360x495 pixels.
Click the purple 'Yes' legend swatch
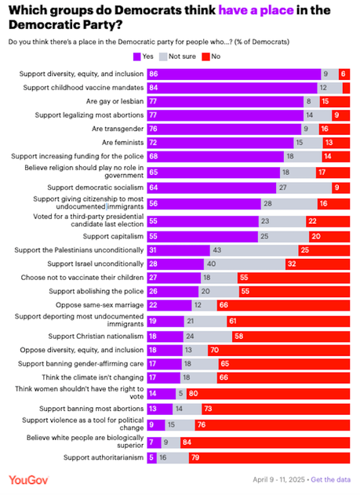136,56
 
